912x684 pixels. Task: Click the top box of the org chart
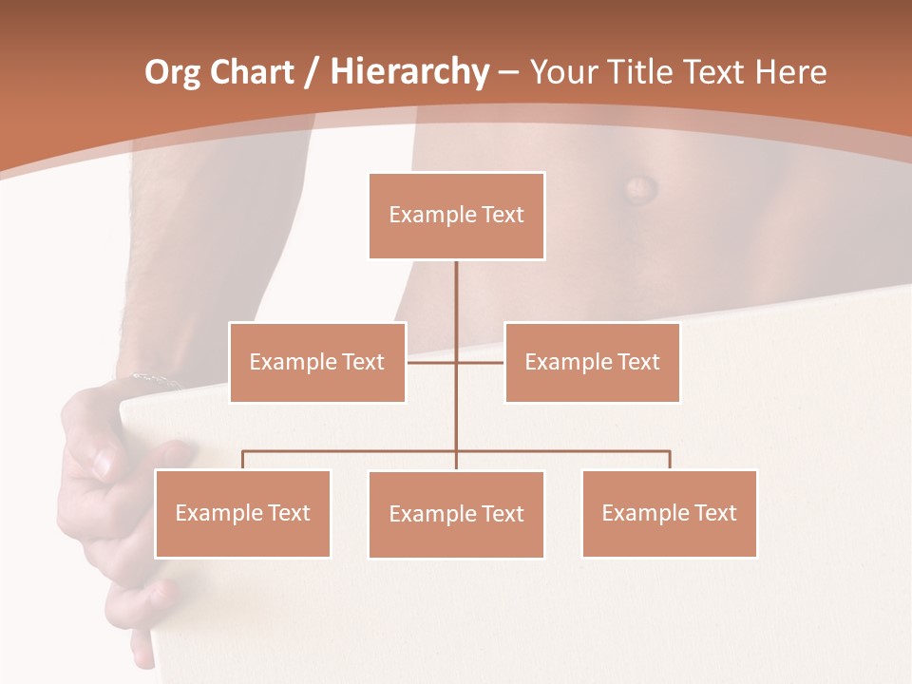456,216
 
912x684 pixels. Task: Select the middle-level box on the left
317,362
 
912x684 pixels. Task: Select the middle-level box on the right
592,362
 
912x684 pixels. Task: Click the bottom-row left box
242,513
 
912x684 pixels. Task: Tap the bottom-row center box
456,514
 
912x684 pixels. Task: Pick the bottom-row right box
669,513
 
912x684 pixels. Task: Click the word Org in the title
172,72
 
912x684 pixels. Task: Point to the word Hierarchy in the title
408,72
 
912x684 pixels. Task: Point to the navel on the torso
639,185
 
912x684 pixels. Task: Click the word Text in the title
714,72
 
